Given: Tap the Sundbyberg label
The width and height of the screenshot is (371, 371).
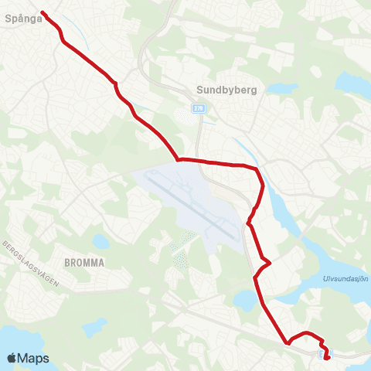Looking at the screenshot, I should click(x=226, y=89).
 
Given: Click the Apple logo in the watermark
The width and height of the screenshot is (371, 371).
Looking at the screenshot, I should click(x=12, y=358).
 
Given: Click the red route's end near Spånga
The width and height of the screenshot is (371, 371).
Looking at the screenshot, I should click(x=42, y=12).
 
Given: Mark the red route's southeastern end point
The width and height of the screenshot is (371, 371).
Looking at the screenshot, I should click(x=327, y=357).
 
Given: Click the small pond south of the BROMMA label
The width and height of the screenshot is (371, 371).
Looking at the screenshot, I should click(x=92, y=327).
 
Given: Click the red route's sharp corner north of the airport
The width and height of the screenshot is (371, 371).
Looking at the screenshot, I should click(x=179, y=160).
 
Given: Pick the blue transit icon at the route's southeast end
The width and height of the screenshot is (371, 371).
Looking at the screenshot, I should click(x=321, y=355).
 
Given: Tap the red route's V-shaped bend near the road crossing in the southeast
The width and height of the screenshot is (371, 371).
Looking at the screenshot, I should click(x=288, y=342).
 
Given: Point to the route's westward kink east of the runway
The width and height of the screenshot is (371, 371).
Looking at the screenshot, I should click(x=248, y=224).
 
